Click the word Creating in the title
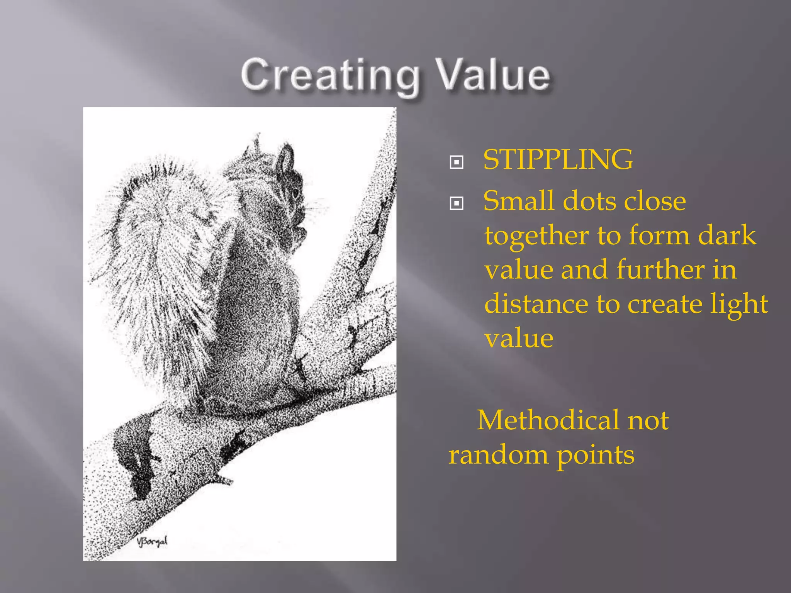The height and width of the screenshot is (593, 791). click(330, 75)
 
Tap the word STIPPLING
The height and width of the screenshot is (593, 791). click(558, 159)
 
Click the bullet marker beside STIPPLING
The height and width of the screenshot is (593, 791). click(457, 162)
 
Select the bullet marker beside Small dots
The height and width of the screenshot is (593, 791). click(457, 203)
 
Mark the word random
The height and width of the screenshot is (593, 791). click(498, 454)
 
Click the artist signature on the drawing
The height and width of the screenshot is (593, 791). click(152, 542)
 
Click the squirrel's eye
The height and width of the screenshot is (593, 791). click(295, 192)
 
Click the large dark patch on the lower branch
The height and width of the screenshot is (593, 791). click(133, 456)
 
